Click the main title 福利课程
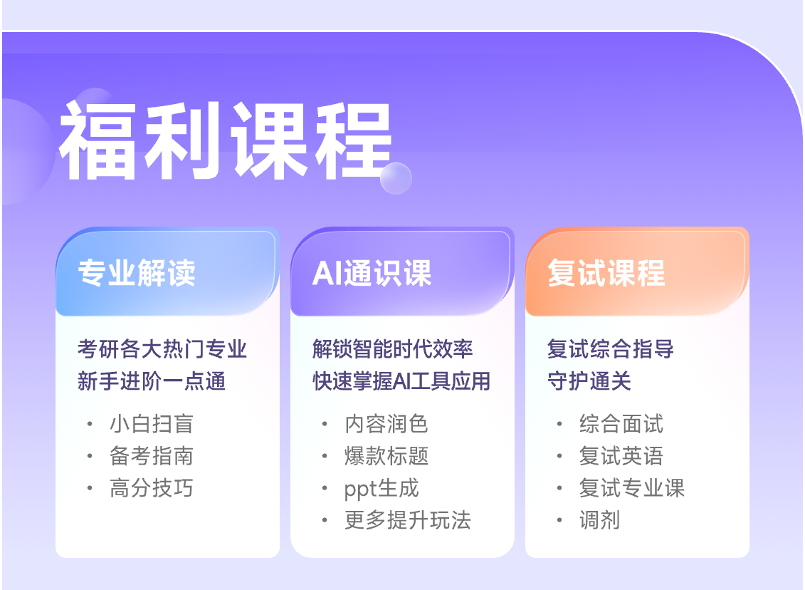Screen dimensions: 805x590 tap(226, 140)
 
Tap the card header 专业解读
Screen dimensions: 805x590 tap(137, 272)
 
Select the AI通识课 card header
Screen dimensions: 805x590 tap(372, 272)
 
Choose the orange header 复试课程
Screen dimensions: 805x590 tap(606, 272)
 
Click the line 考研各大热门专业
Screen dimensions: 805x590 tap(162, 349)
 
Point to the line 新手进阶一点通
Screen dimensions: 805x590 tap(152, 381)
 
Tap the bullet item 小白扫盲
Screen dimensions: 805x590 tap(152, 424)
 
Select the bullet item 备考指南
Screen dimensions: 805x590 tap(152, 456)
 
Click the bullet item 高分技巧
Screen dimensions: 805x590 tap(152, 487)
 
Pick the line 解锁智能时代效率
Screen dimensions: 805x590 tap(393, 349)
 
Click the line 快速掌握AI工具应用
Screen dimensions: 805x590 tap(401, 381)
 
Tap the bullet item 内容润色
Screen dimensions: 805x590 tap(386, 424)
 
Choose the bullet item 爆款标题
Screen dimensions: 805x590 tap(386, 456)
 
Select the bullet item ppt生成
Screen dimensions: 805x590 tap(382, 488)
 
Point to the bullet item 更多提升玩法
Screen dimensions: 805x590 tap(408, 520)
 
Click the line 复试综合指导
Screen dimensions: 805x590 tap(611, 349)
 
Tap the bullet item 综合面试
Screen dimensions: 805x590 tap(621, 424)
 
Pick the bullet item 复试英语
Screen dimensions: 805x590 tap(621, 456)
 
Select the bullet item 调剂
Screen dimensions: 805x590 tap(599, 520)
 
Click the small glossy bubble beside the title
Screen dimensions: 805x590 tap(396, 178)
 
